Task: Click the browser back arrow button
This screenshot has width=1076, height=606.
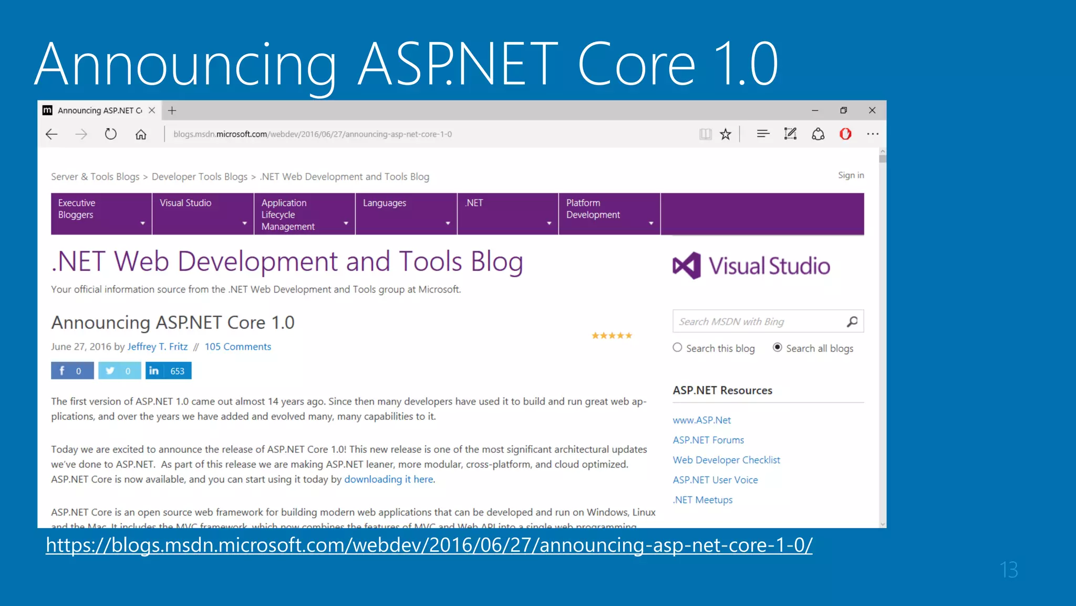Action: (51, 134)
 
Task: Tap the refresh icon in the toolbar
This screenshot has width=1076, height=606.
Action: (110, 134)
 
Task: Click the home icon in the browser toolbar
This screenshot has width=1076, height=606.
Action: (141, 134)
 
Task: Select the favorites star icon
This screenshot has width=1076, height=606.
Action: (726, 134)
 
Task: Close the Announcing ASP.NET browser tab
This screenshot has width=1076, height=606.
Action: (152, 110)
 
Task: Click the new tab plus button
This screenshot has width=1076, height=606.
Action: (172, 110)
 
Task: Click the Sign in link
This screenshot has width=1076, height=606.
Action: (851, 175)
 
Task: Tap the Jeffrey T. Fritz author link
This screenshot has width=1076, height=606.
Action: (157, 347)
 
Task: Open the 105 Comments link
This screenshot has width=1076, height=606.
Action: (237, 347)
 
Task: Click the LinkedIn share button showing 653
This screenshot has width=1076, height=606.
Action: (168, 371)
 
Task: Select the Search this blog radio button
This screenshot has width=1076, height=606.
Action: (677, 348)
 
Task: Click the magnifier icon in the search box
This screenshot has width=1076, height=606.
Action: (852, 321)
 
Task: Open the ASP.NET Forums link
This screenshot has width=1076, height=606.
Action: (708, 440)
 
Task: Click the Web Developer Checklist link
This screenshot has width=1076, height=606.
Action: (726, 460)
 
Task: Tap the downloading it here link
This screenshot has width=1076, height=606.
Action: (389, 479)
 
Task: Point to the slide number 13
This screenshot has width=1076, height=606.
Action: (1008, 570)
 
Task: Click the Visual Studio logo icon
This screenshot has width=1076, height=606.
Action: (687, 266)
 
